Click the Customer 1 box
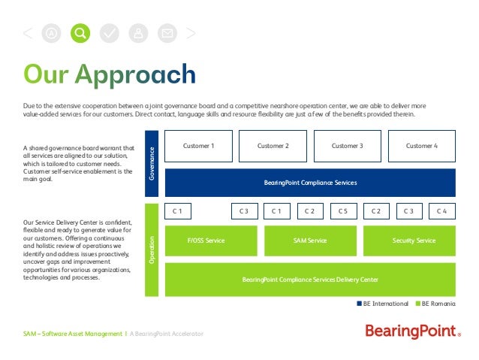click(x=198, y=146)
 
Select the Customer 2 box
click(x=273, y=146)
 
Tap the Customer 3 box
click(x=347, y=146)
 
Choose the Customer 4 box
click(x=422, y=146)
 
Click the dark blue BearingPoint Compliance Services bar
click(x=310, y=183)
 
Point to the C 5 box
click(x=343, y=211)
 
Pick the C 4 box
click(x=442, y=211)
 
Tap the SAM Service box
click(x=310, y=241)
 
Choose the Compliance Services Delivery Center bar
click(x=310, y=280)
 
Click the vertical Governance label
click(x=152, y=162)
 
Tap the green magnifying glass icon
click(x=80, y=33)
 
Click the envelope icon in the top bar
click(x=167, y=33)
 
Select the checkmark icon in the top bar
click(x=110, y=33)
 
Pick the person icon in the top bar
click(x=138, y=33)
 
